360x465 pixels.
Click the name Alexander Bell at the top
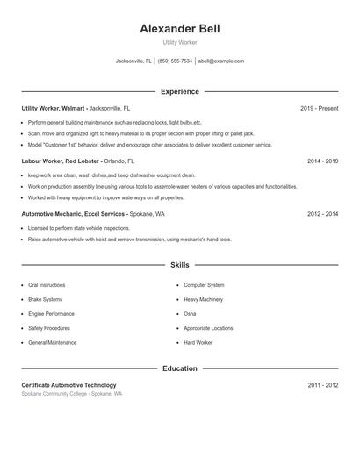point(179,29)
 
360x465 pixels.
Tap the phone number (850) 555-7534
point(175,61)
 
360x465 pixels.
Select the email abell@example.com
point(220,61)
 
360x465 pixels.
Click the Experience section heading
point(179,91)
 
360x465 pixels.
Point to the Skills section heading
point(179,264)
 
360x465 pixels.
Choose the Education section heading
point(179,368)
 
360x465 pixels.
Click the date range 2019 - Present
point(319,108)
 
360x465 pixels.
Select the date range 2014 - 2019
point(322,161)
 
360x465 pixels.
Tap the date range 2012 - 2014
point(322,214)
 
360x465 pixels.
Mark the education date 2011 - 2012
point(322,385)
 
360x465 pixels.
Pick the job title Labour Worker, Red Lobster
point(60,161)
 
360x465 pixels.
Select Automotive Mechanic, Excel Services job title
point(74,214)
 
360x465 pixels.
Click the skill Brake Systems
point(47,299)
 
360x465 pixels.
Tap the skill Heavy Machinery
point(204,299)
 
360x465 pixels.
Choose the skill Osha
point(190,314)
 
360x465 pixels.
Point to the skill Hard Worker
point(198,342)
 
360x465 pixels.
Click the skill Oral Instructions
point(47,285)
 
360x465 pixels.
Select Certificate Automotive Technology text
point(68,385)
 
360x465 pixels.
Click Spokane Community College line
point(71,394)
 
